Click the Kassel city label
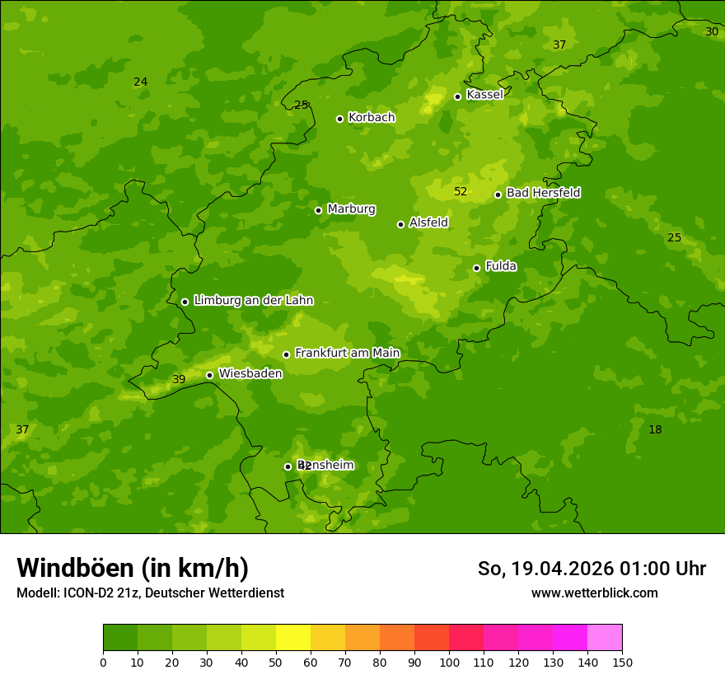click(x=484, y=95)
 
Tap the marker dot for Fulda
click(x=476, y=268)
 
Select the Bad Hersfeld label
click(x=543, y=193)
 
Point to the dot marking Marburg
click(x=318, y=210)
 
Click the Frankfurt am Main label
click(x=347, y=353)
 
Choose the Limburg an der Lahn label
click(x=253, y=301)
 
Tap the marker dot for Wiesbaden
click(x=209, y=375)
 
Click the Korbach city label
click(x=372, y=118)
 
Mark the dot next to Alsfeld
click(x=400, y=224)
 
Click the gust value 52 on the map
click(x=461, y=192)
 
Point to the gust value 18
click(x=655, y=429)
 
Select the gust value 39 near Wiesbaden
click(x=179, y=380)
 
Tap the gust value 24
click(x=141, y=82)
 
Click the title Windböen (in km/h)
click(x=133, y=568)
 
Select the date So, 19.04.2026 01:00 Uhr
click(x=592, y=569)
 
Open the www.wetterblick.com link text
click(x=594, y=593)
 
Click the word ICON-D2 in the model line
click(x=88, y=593)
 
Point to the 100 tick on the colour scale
click(x=449, y=662)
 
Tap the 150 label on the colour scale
click(x=622, y=662)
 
